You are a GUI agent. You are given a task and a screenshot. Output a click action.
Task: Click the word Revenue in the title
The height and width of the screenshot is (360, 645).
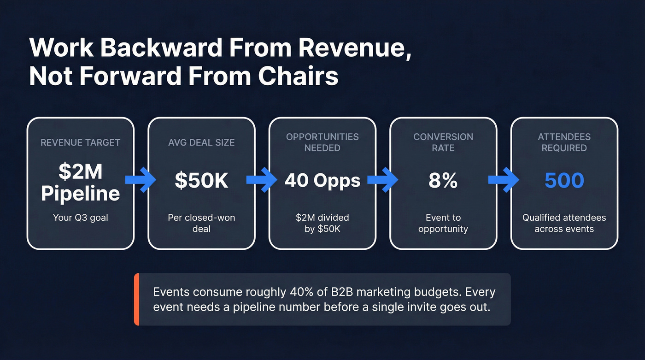point(355,47)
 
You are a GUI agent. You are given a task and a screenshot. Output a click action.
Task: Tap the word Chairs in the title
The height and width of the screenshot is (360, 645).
point(298,76)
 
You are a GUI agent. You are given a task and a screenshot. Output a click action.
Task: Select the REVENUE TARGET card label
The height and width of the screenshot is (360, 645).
point(80,142)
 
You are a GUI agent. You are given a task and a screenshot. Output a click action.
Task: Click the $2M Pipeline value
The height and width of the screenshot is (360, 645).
point(80,182)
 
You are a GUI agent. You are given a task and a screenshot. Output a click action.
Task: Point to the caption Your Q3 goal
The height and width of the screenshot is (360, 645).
point(80,218)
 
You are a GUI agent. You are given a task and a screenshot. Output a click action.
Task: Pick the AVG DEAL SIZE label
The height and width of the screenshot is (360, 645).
point(202,142)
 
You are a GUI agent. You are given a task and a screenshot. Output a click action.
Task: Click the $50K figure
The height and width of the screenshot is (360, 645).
point(202,181)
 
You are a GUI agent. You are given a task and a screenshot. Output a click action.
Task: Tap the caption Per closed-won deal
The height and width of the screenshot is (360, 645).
point(202,223)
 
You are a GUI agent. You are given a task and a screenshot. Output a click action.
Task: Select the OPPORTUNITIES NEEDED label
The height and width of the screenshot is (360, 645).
point(322,142)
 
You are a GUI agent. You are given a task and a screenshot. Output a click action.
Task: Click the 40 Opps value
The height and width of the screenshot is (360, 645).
point(322,181)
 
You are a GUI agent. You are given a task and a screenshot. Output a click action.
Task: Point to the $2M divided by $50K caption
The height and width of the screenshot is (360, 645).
point(322,223)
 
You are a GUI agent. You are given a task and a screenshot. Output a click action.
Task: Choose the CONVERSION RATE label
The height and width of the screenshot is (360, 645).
point(443,142)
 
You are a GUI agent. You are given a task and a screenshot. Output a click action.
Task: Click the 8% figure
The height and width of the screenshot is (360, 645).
point(443,181)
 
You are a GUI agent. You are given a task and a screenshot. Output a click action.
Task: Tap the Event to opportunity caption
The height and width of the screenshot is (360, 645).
point(443,223)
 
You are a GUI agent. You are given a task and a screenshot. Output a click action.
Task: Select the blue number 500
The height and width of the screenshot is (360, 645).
point(564,181)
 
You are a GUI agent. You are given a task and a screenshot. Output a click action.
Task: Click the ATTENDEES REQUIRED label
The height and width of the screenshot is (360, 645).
point(564,142)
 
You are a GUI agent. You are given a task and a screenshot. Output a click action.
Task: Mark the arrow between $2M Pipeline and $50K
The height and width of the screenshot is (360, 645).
point(141,180)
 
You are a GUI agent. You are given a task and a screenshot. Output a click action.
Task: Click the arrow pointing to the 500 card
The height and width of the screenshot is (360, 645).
point(504,180)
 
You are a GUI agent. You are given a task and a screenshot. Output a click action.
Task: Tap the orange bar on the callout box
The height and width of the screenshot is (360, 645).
point(136,300)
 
